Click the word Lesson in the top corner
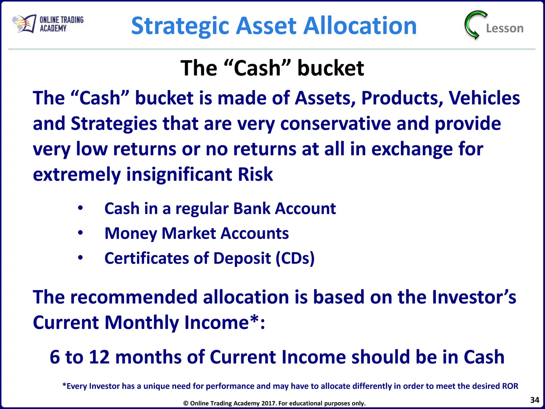[505, 28]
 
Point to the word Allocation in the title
[360, 25]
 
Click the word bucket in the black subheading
[330, 68]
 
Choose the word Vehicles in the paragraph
[484, 98]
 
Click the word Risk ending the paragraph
[255, 174]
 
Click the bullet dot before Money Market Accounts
[80, 233]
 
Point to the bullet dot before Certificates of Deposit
[80, 258]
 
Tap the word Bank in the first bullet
[251, 208]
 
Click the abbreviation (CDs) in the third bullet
[295, 258]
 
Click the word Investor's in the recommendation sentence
[474, 297]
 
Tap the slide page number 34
[534, 400]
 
